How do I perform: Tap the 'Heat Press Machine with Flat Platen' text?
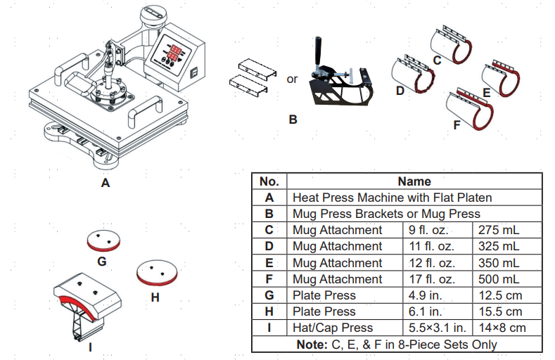(x=392, y=198)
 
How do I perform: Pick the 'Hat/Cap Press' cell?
(x=333, y=328)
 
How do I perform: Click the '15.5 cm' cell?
(x=500, y=311)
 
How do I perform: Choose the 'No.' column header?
(x=269, y=181)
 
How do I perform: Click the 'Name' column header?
(x=414, y=181)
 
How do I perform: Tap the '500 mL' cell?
(x=499, y=279)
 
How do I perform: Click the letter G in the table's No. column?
(x=269, y=295)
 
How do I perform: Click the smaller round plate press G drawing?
(x=102, y=240)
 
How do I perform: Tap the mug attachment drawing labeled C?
(x=450, y=44)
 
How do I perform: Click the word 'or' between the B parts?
(x=292, y=79)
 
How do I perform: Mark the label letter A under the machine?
(x=106, y=183)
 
